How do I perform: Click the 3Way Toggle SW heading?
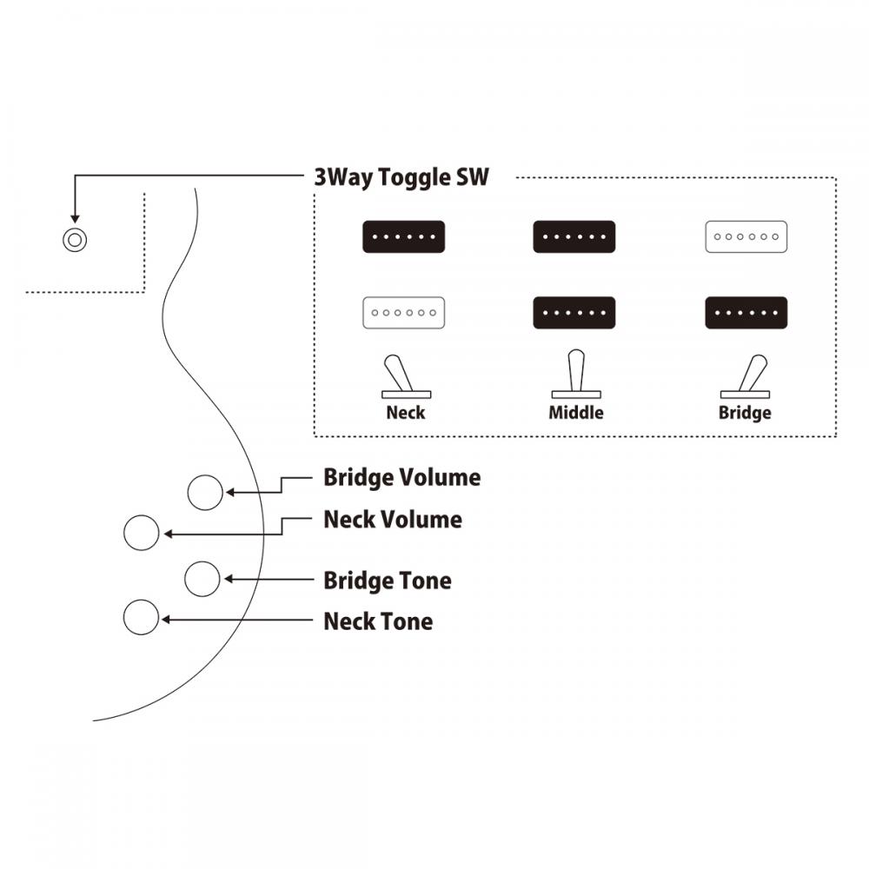[401, 177]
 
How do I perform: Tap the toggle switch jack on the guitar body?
[76, 239]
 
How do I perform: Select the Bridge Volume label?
[401, 477]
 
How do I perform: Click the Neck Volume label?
[393, 520]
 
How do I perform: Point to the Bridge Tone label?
[388, 580]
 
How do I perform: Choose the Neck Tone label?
[378, 621]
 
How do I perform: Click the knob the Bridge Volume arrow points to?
[206, 493]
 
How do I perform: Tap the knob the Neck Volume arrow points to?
[142, 533]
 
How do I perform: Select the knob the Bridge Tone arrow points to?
[202, 579]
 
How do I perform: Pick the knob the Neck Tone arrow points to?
[141, 618]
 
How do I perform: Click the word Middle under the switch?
[575, 413]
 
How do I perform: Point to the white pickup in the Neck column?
[403, 312]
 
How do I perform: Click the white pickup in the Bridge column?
[746, 236]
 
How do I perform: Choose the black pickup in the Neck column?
[403, 236]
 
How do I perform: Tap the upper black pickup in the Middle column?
[574, 236]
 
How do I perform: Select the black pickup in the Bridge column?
[746, 312]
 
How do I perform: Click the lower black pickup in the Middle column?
[574, 312]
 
